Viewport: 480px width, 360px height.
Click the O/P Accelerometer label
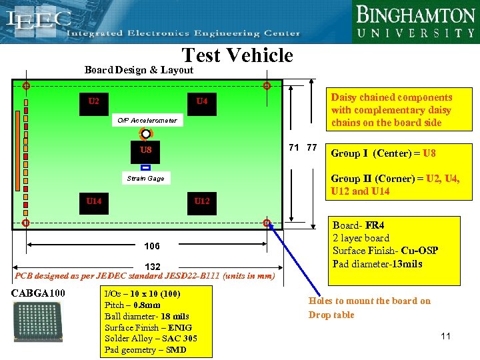(147, 121)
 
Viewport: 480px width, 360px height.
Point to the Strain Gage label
(146, 178)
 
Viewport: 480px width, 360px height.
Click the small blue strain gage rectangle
(146, 167)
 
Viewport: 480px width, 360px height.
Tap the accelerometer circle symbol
(146, 133)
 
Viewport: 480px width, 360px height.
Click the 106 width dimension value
(153, 247)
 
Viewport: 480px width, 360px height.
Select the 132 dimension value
(153, 267)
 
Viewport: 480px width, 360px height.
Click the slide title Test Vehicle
(237, 55)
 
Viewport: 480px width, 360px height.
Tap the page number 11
(445, 336)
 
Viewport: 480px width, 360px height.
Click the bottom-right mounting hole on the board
(267, 223)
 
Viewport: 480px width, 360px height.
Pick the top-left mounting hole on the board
(26, 86)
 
